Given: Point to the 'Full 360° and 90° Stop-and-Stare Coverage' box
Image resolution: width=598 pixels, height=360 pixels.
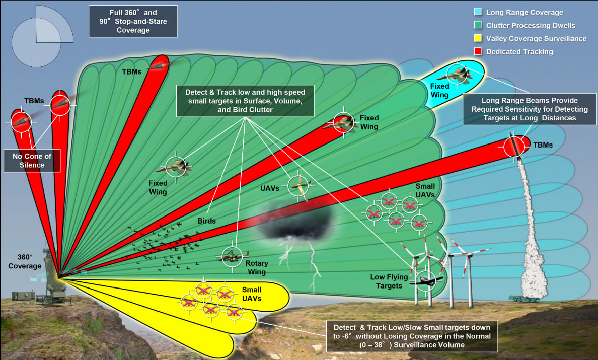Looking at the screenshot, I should click(x=133, y=21).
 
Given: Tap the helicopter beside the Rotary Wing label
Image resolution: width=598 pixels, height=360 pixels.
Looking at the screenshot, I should click(x=232, y=256).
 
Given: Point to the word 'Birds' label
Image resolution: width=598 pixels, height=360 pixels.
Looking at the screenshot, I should click(x=206, y=221).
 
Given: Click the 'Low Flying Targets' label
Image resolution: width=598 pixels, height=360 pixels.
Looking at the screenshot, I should click(x=386, y=281).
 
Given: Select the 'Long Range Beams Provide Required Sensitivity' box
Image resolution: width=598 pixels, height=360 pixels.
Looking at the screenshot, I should click(x=522, y=109).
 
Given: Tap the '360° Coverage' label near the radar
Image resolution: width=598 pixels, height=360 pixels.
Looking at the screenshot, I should click(x=25, y=261).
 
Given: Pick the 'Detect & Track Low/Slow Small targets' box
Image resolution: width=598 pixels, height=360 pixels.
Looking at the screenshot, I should click(x=412, y=335).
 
